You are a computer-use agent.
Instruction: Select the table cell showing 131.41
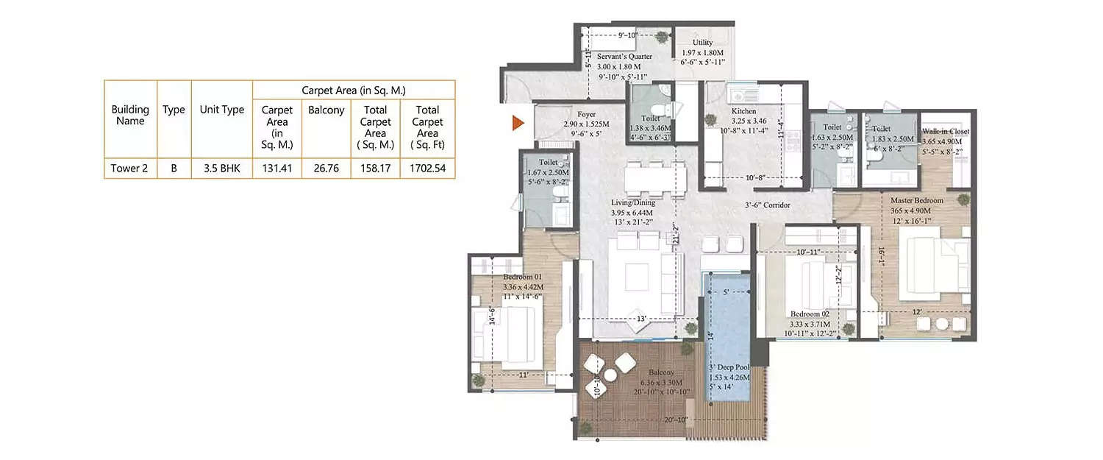click(276, 168)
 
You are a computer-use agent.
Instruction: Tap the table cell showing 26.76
click(326, 168)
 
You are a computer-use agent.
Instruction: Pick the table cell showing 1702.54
click(427, 168)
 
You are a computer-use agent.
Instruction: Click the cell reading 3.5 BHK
click(221, 168)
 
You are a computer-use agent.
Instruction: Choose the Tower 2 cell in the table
click(129, 168)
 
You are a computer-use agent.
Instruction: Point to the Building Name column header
click(129, 115)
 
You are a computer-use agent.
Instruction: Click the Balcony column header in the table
click(326, 110)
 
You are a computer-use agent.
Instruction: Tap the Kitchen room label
click(743, 111)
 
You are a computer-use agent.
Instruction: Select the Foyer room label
click(586, 114)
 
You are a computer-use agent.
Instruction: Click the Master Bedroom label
click(916, 200)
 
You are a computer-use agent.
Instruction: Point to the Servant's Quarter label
click(624, 56)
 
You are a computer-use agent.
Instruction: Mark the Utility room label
click(702, 43)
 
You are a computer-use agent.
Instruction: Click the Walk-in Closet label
click(946, 131)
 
